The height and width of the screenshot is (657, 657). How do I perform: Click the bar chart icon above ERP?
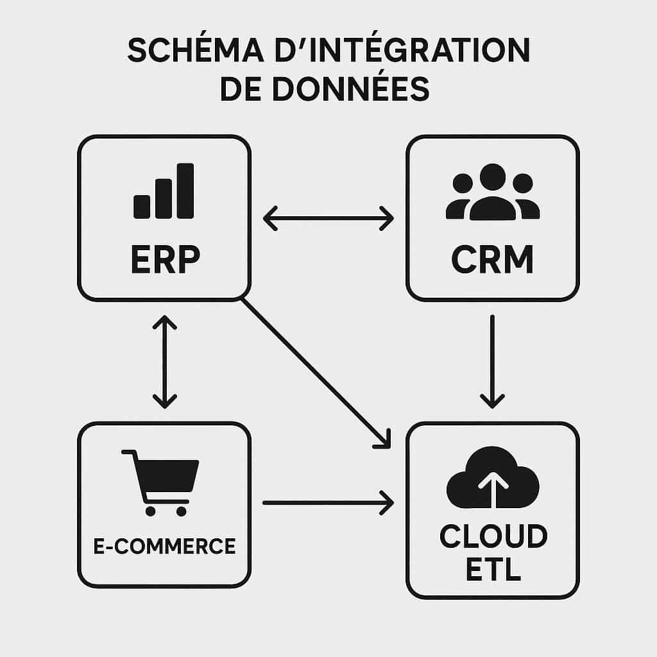pos(164,191)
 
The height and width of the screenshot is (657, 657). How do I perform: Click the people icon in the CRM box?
pos(492,192)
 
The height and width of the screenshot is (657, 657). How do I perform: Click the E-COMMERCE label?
pos(165,547)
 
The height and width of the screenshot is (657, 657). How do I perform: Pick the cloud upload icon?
pos(493,478)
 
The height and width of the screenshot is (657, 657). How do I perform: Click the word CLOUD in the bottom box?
pos(493,536)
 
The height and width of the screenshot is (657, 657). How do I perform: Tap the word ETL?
pos(493,570)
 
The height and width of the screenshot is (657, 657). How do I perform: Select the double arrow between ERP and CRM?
pos(328,218)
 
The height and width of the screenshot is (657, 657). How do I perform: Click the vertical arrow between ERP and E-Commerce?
pos(165,361)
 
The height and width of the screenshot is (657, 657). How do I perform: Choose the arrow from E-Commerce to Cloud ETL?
pos(328,502)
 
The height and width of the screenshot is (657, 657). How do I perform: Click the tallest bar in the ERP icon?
pos(185,191)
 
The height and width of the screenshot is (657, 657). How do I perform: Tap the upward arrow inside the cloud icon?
pos(493,488)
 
